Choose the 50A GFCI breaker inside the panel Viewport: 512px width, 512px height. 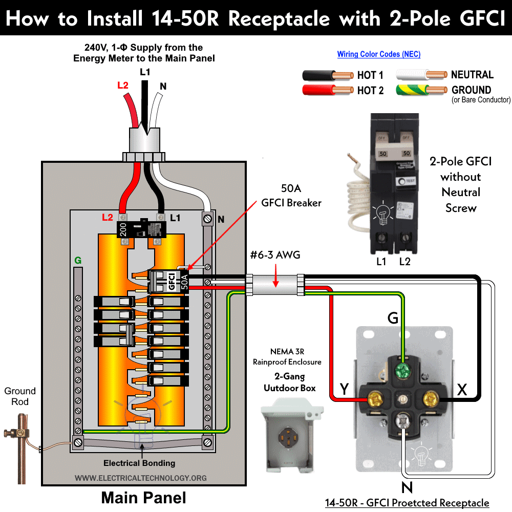click(x=169, y=281)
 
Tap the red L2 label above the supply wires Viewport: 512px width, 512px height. click(x=123, y=85)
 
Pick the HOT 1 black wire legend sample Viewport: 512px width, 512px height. click(x=328, y=75)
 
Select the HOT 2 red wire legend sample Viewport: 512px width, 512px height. click(x=328, y=91)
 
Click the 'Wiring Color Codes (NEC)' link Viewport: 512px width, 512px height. click(x=378, y=54)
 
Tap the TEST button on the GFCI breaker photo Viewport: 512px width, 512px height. click(x=410, y=181)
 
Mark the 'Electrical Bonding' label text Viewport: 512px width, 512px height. click(x=139, y=463)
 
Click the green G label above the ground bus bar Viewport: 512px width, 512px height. click(x=78, y=261)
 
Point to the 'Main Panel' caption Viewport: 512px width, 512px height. click(x=143, y=497)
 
